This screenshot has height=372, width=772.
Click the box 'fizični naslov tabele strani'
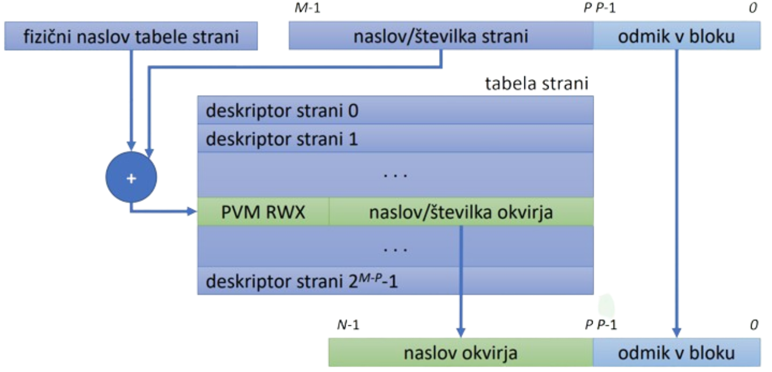[131, 37]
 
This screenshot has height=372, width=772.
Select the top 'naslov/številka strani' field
[440, 37]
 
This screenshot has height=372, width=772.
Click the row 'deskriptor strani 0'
[395, 111]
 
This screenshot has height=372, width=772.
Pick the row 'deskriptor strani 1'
[395, 139]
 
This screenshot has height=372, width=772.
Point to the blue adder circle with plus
[131, 177]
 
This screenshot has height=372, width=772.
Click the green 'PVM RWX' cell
[262, 212]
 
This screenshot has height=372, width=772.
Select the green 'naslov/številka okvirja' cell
[461, 212]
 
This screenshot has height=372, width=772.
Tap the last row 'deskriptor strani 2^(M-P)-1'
[395, 282]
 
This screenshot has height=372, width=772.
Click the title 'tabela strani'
[536, 84]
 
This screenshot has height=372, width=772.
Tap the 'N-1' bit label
[348, 325]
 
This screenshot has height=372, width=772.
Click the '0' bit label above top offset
[753, 7]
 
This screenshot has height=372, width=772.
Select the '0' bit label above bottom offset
[753, 325]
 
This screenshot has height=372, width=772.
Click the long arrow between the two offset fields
[677, 192]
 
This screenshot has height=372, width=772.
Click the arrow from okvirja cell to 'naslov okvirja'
[461, 280]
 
